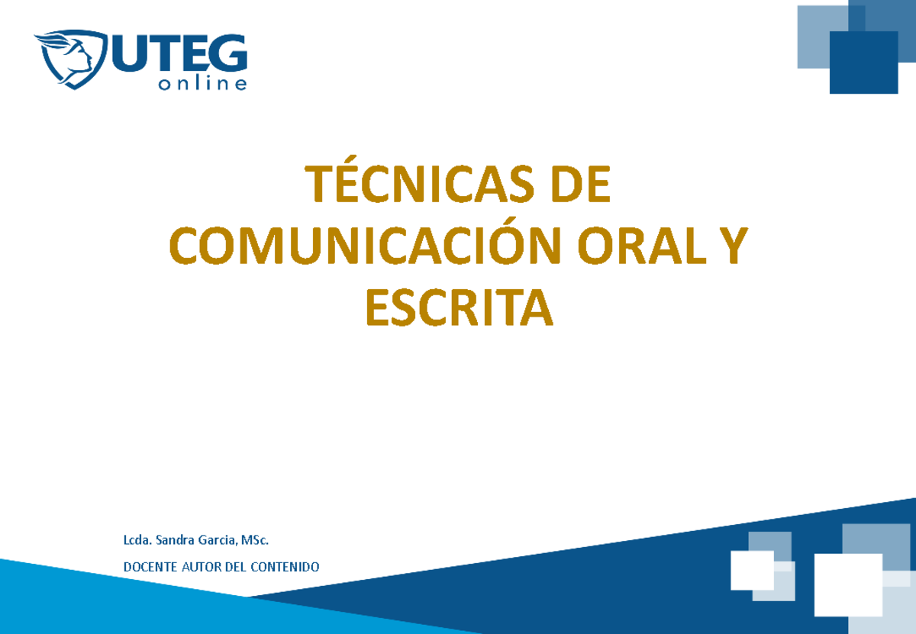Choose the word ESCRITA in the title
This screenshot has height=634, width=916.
(x=458, y=309)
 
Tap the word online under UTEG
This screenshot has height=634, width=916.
(x=202, y=84)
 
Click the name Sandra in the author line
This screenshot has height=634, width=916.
(x=176, y=541)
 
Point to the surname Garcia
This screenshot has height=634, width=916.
(x=218, y=541)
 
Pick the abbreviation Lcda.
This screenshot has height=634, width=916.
(x=137, y=541)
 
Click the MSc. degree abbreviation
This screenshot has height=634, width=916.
(x=255, y=541)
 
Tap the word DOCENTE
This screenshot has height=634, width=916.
(x=150, y=567)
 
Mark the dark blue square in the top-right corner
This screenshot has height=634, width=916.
(x=863, y=63)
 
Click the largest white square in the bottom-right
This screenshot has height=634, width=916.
(x=847, y=584)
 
